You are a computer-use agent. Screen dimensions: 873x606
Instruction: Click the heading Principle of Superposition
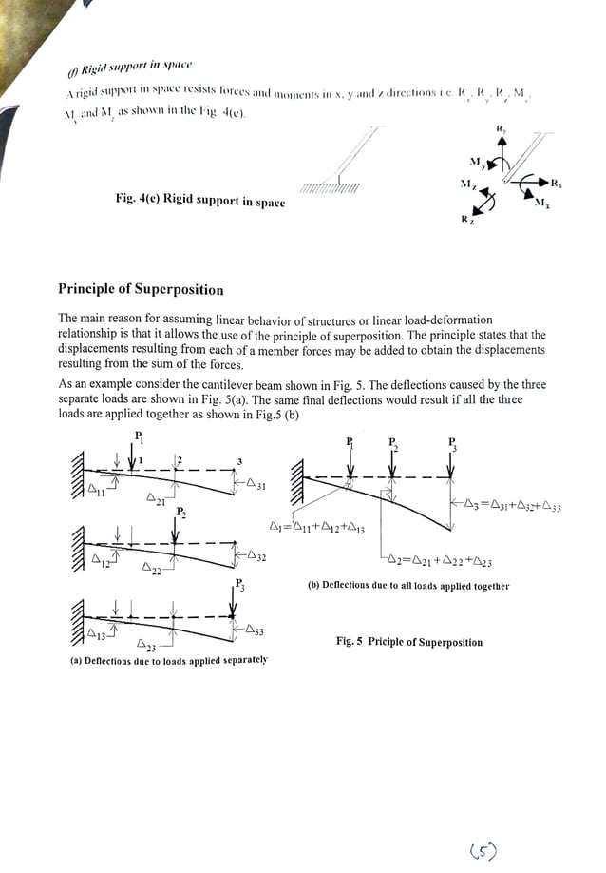click(141, 289)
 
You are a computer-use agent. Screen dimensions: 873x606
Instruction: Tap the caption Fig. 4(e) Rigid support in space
click(199, 201)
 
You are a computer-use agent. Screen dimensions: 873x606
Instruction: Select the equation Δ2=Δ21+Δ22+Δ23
click(439, 562)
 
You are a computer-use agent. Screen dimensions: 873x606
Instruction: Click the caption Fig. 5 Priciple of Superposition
click(409, 642)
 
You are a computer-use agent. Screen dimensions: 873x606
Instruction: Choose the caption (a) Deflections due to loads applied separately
click(169, 660)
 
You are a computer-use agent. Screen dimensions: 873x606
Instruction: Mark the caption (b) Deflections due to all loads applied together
click(407, 586)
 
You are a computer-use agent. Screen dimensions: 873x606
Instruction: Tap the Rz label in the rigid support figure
click(464, 221)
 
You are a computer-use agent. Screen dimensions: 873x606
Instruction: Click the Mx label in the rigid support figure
click(540, 202)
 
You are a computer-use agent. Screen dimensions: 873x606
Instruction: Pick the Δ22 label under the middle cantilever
click(153, 570)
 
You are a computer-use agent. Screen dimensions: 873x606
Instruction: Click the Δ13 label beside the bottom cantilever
click(97, 633)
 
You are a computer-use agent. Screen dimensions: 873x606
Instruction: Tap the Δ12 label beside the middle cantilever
click(98, 561)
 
